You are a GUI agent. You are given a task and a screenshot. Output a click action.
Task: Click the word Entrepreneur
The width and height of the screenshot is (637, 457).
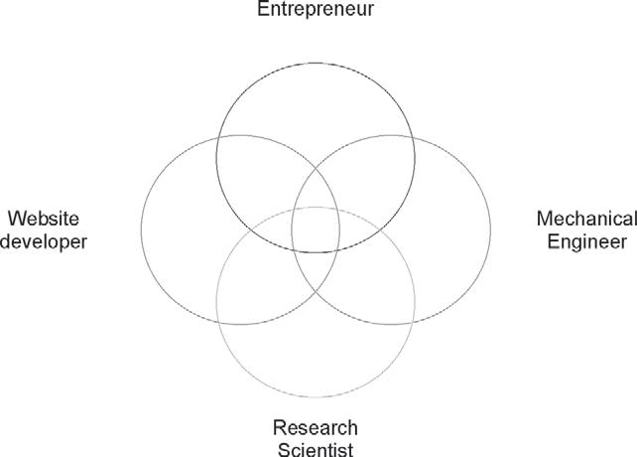[x=316, y=11]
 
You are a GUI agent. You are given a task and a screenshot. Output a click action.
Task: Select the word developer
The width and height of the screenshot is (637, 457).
[x=44, y=241]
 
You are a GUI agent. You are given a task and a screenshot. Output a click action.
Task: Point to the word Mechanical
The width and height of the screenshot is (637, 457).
[x=585, y=219]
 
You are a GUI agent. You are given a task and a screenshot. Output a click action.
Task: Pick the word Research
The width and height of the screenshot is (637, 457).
[x=315, y=428]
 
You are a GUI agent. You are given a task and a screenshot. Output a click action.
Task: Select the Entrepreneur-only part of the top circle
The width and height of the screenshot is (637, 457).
[x=316, y=99]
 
